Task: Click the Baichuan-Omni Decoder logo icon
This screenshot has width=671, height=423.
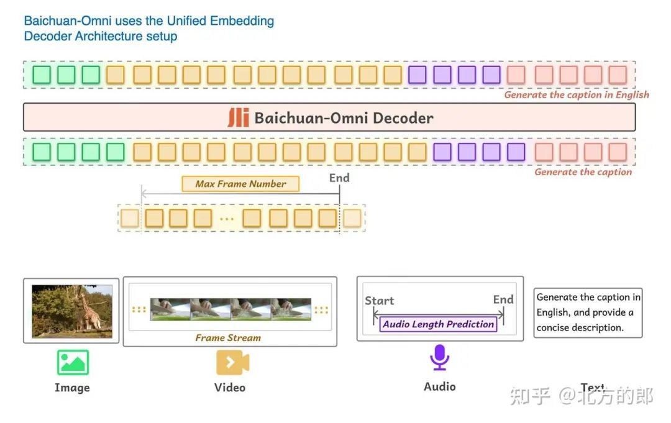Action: pos(238,117)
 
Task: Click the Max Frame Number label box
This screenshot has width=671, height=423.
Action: pos(240,184)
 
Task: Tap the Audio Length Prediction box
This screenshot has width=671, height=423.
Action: pos(438,324)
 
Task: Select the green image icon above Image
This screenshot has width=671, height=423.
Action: pos(73,362)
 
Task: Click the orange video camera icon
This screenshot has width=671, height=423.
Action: pos(232,362)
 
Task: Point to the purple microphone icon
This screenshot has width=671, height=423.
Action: pos(440,358)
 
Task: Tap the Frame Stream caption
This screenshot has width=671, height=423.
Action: pos(228,338)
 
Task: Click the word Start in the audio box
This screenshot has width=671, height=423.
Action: pos(379,301)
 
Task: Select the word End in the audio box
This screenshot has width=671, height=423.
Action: pos(503,299)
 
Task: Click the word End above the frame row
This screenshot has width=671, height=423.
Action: pos(339,178)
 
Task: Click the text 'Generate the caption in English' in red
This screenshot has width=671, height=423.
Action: pos(577,95)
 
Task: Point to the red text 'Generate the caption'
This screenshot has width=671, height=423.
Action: pos(583,172)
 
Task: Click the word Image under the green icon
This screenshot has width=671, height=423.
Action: pos(72,388)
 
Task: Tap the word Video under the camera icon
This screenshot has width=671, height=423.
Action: pos(230,388)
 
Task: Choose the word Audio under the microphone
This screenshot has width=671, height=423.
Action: pos(440,386)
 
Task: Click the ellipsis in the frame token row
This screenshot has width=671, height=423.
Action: pos(227,219)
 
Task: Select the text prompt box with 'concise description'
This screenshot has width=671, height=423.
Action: pos(588,312)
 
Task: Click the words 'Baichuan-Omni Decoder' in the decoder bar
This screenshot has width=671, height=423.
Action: pos(344,118)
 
